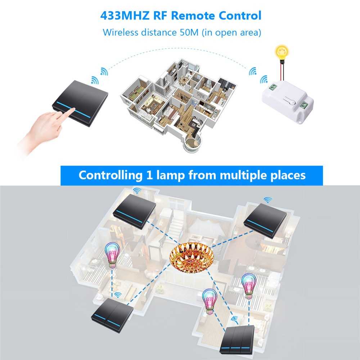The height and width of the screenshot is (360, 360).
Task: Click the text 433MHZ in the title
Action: pos(125,16)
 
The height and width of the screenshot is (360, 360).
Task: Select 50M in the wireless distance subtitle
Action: pos(189,32)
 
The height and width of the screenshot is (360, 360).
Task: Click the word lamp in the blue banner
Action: pos(170,175)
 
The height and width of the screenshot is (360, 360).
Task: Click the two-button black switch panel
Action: pos(112,315)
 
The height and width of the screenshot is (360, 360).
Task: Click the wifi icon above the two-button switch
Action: pos(118,295)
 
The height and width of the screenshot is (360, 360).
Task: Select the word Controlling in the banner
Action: pos(111,175)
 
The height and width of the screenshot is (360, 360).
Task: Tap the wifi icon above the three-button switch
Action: pos(234,319)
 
